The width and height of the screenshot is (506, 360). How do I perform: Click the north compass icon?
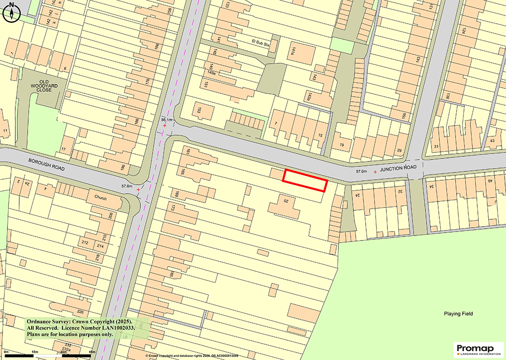[11, 12]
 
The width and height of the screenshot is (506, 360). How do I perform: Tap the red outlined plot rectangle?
[305, 180]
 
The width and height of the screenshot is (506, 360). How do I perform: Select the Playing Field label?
[458, 314]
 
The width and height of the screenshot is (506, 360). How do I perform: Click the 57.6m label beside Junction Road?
[362, 171]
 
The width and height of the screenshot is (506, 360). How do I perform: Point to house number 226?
[81, 311]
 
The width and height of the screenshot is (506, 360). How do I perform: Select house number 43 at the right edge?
[492, 141]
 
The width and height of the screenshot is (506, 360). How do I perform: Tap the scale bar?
[49, 356]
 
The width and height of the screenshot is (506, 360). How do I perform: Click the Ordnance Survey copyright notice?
[87, 327]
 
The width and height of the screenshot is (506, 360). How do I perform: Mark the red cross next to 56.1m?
[165, 126]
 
